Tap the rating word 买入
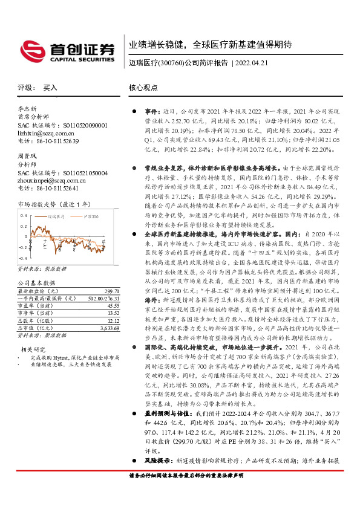point(50,88)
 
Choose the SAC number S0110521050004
point(85,173)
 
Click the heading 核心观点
point(143,88)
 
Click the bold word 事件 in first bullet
point(150,112)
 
